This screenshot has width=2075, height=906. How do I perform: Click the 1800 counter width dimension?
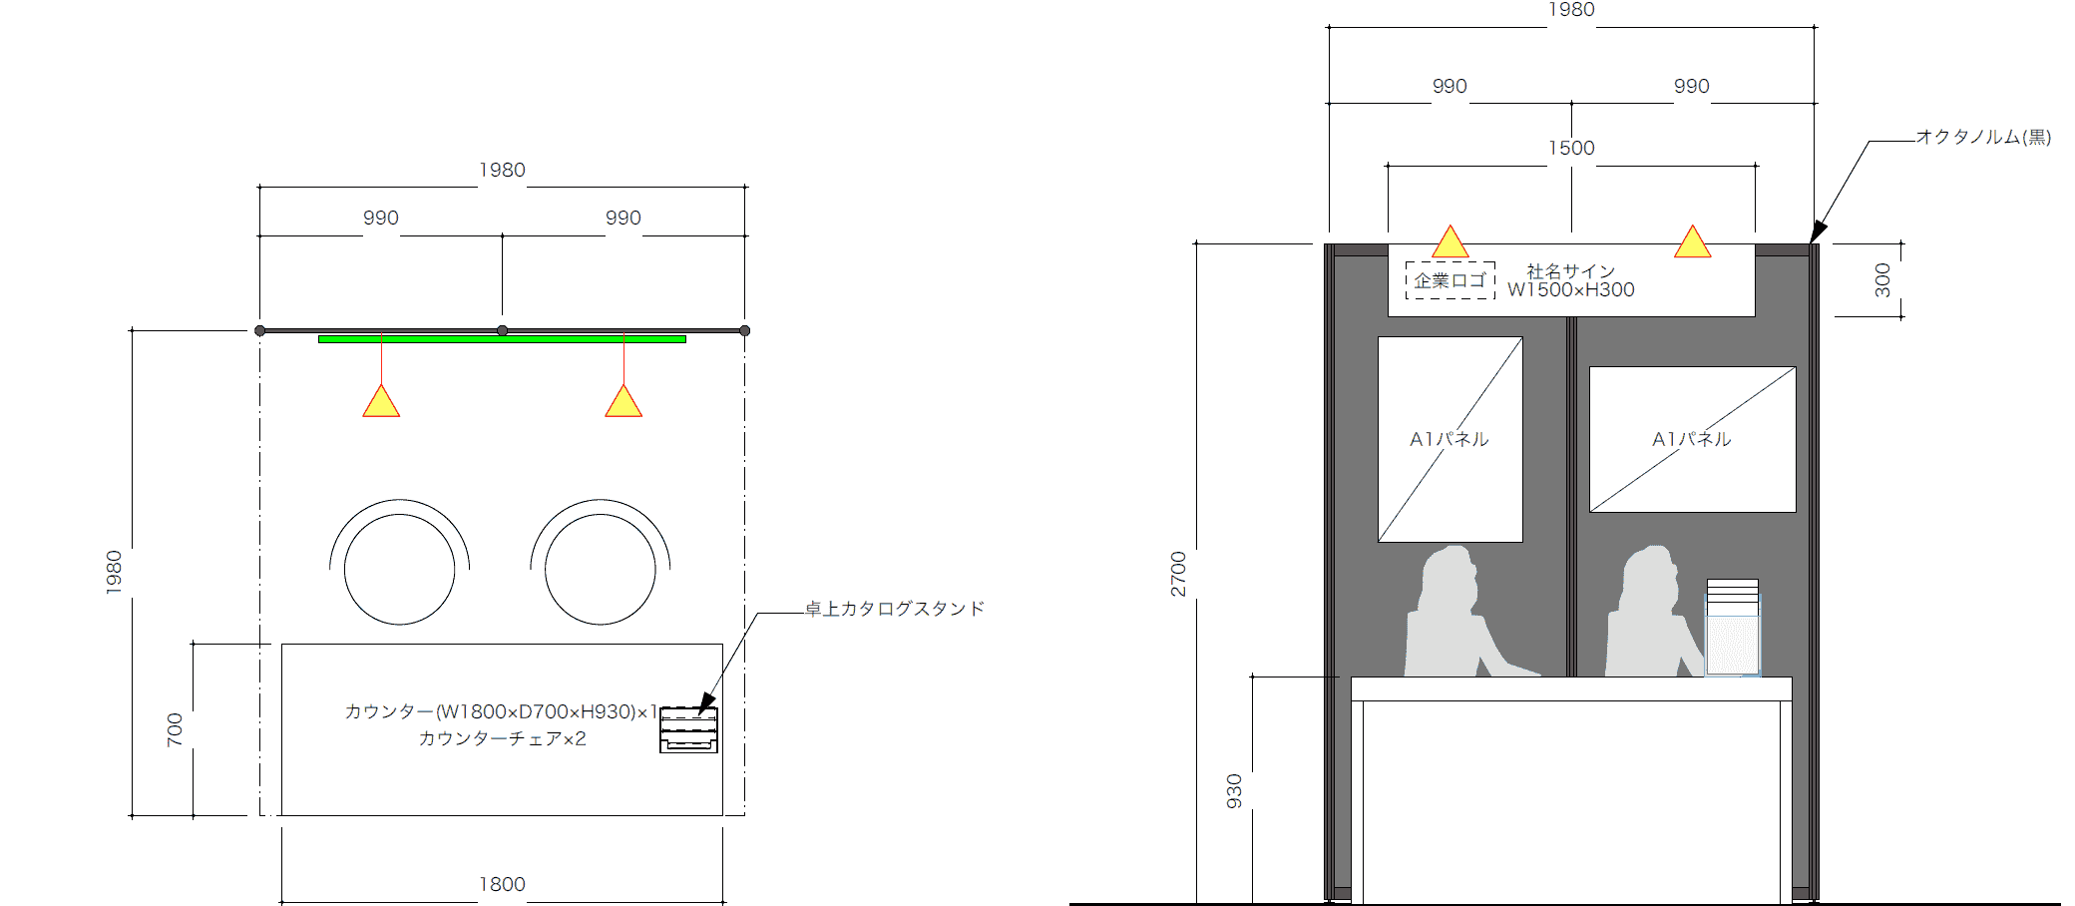[502, 884]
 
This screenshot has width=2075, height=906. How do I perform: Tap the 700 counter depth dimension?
[175, 729]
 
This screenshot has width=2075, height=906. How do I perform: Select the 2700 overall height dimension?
[1178, 574]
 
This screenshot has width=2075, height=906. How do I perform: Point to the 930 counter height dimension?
[1234, 791]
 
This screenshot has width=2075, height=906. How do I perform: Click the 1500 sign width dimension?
[1571, 148]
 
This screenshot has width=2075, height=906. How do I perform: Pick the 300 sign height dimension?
[1882, 280]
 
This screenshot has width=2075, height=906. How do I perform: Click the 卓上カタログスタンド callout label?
[895, 609]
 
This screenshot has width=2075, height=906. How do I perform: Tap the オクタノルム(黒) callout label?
[1983, 137]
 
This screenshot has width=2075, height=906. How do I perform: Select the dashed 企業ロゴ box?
[1451, 280]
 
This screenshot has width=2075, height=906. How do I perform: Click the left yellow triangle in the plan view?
[381, 401]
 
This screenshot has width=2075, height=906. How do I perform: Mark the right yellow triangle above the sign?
[1693, 241]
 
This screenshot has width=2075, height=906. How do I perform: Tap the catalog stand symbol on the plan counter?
[688, 729]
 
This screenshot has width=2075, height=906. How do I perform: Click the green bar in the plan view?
[502, 339]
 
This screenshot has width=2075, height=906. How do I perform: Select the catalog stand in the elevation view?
[1733, 628]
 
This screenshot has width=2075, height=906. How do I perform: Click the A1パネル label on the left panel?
[1449, 439]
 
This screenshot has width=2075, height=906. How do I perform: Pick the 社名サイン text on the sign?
[1570, 271]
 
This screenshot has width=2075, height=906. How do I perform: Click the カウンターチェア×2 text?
[502, 738]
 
